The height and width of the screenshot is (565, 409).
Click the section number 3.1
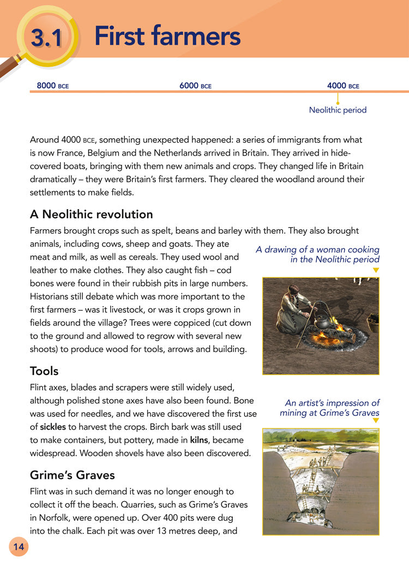[x=47, y=37]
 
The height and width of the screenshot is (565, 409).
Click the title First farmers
[x=167, y=36]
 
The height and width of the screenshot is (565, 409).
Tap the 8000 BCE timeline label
[x=52, y=86]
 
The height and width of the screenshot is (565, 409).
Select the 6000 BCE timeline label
[x=195, y=86]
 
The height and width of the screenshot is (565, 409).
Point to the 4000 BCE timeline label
[x=343, y=86]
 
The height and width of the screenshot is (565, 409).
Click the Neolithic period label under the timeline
[x=338, y=110]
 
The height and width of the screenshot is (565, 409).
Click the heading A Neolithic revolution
[x=91, y=213]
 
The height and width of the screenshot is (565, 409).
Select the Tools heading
[x=44, y=371]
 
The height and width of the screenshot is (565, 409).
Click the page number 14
[x=18, y=546]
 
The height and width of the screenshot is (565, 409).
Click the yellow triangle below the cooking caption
[x=376, y=270]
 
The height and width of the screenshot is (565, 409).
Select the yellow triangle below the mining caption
[x=376, y=421]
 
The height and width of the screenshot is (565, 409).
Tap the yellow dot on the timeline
[x=338, y=102]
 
